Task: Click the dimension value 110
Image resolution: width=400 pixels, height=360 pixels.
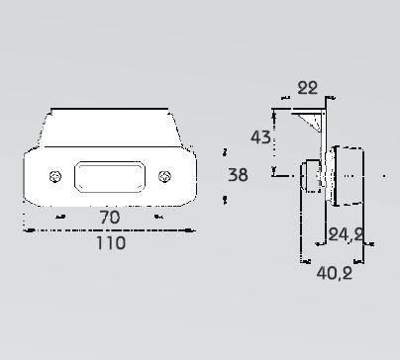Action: (x=111, y=243)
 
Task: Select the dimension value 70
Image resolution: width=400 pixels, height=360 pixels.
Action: (x=110, y=218)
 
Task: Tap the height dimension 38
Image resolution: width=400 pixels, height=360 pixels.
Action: (x=238, y=175)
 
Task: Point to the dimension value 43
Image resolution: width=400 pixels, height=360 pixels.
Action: (x=260, y=137)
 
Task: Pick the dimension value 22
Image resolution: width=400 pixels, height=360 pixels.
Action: (x=308, y=88)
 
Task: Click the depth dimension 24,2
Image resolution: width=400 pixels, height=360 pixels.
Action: (x=346, y=235)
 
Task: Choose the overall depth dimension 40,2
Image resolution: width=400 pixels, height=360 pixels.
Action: (x=335, y=273)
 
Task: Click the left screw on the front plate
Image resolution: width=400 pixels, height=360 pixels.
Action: (x=55, y=177)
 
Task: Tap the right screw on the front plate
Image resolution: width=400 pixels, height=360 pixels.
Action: (x=164, y=177)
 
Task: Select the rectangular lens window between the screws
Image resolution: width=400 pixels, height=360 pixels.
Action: (x=110, y=177)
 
